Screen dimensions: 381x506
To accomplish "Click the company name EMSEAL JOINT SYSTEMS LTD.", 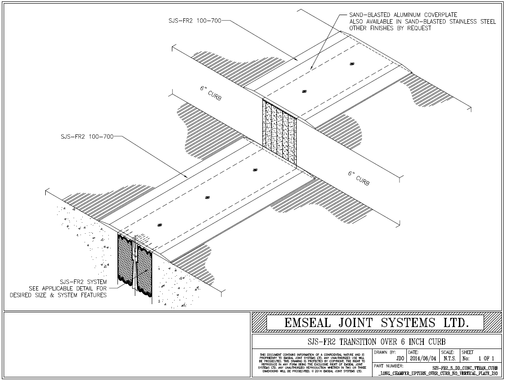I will (377, 322).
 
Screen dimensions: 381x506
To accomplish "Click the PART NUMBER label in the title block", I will (389, 366).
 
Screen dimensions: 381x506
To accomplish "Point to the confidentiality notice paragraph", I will (312, 363).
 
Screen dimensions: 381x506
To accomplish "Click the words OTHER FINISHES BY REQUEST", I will (390, 28).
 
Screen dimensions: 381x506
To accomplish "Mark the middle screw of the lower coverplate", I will (208, 198).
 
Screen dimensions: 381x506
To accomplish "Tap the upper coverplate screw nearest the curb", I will (304, 91).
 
